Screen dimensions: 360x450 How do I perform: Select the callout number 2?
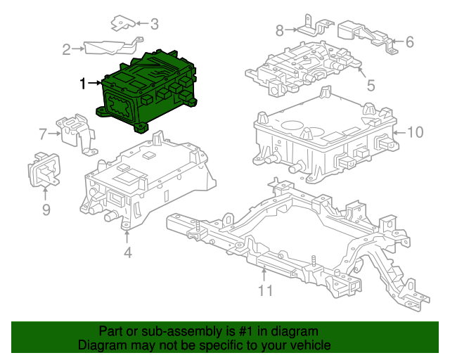pyautogui.click(x=67, y=49)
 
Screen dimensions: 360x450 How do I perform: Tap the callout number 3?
pyautogui.click(x=154, y=24)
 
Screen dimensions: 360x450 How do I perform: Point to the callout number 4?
pyautogui.click(x=127, y=252)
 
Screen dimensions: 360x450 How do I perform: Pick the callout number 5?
pyautogui.click(x=371, y=86)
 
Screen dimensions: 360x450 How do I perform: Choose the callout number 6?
pyautogui.click(x=410, y=42)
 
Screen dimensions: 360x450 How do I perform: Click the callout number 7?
pyautogui.click(x=43, y=133)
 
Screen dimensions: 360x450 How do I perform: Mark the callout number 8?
pyautogui.click(x=279, y=30)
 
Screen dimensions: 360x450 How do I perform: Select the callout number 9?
pyautogui.click(x=46, y=210)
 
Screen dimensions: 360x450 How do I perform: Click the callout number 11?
pyautogui.click(x=264, y=290)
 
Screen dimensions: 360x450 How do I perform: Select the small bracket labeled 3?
pyautogui.click(x=124, y=25)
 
